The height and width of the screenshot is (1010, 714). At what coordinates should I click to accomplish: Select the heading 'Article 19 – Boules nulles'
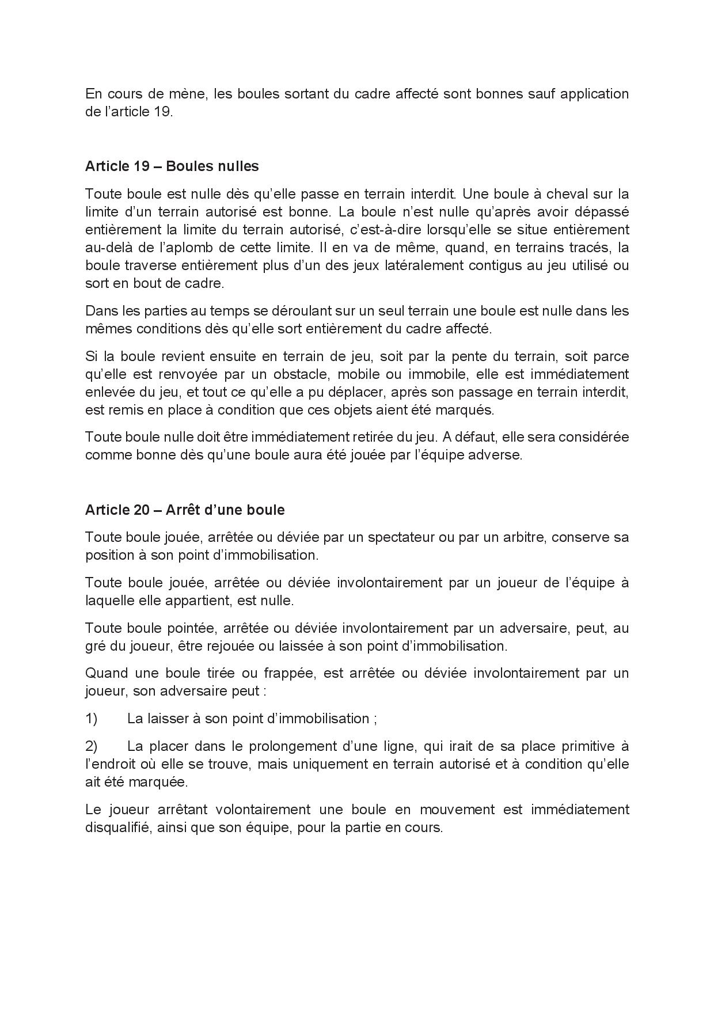pyautogui.click(x=172, y=166)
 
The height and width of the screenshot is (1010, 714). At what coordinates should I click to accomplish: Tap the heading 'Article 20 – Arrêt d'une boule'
pyautogui.click(x=184, y=510)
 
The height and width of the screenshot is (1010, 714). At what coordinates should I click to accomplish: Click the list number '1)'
pyautogui.click(x=92, y=718)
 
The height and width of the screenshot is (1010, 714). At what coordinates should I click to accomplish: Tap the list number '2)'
pyautogui.click(x=92, y=746)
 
